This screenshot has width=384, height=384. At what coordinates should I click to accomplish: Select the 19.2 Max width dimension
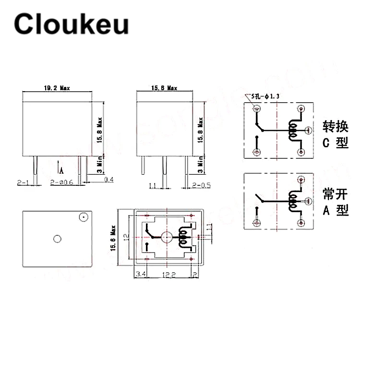[57, 88]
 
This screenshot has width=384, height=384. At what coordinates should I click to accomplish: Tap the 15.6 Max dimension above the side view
[164, 88]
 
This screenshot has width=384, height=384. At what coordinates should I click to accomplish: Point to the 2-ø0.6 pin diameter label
[61, 183]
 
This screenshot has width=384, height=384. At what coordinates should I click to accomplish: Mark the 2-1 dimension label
[23, 183]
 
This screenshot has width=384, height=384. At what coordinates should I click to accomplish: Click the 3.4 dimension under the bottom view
[141, 274]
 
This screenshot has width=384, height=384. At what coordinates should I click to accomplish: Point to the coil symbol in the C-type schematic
[292, 130]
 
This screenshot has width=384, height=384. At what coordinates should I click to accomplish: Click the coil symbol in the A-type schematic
[292, 200]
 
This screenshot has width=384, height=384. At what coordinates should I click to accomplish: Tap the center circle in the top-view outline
[58, 239]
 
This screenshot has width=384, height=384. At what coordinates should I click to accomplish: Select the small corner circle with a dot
[83, 217]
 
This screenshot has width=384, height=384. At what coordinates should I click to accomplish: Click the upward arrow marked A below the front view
[61, 168]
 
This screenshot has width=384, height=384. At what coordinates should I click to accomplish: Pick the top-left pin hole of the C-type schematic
[257, 108]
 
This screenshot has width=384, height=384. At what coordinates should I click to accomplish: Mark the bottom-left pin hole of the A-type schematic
[257, 222]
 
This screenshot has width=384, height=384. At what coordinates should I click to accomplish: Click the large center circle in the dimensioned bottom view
[167, 237]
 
